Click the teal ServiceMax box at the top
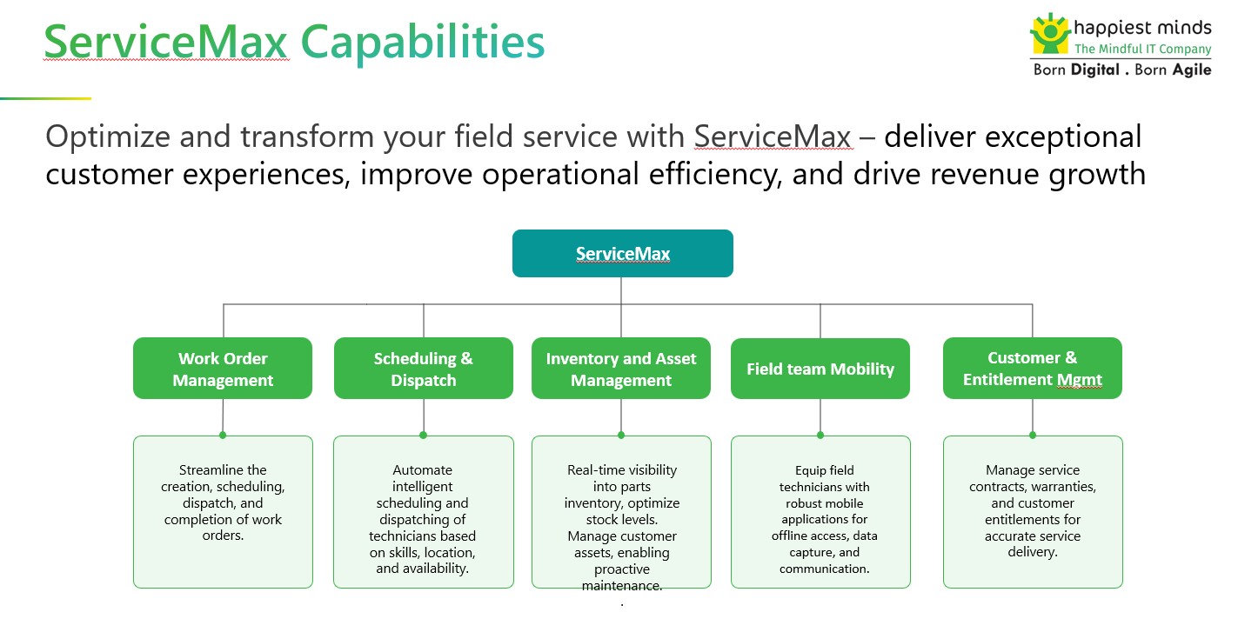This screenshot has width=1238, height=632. (622, 254)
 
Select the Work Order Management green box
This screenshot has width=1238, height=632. (223, 369)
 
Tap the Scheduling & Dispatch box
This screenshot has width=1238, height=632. (424, 369)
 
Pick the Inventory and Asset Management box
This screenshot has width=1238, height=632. (621, 369)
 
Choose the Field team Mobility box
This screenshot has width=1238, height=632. (820, 369)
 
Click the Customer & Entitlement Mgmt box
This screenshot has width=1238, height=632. (1032, 369)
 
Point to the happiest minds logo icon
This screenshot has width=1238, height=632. (1049, 34)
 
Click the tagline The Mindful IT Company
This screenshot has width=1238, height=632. (1142, 50)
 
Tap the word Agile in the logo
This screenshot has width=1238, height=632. (1191, 70)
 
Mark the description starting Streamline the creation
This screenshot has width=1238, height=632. (223, 503)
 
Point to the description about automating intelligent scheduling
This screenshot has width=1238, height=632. (423, 520)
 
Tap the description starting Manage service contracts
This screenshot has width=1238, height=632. (1033, 511)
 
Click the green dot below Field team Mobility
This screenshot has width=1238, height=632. (820, 435)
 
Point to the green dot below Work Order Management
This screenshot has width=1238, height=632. (223, 435)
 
